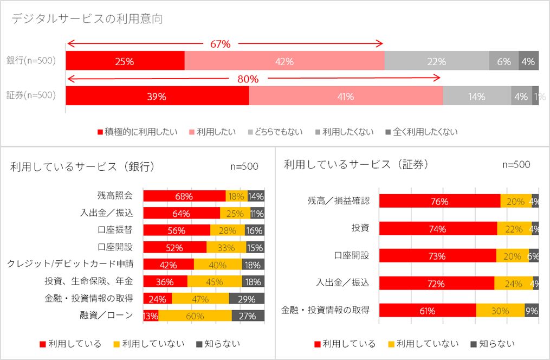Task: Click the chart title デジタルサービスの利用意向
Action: tap(87, 19)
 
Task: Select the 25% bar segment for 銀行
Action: tap(125, 61)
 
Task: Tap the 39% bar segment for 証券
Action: tap(157, 97)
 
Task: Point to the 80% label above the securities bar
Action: tap(249, 79)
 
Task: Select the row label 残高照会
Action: tap(115, 196)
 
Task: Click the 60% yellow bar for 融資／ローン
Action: tap(195, 316)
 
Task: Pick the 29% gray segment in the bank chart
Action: tap(247, 299)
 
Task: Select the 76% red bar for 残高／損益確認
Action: tap(439, 201)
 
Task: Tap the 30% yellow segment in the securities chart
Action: tap(500, 311)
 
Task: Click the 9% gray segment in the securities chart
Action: tap(532, 311)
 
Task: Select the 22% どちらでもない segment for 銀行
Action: tap(437, 61)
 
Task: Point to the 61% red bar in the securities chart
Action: tap(428, 311)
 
